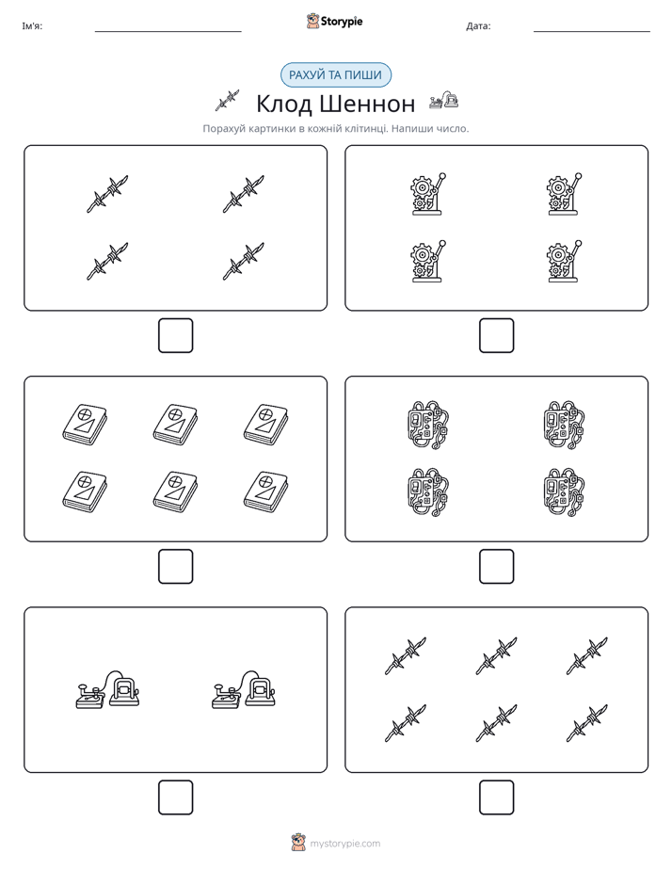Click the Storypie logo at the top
coord(334,21)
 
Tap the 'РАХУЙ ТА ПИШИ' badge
coord(335,75)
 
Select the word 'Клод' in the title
coord(284,104)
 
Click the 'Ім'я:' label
coord(32,26)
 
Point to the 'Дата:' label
coord(478,26)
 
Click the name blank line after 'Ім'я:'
coord(168,32)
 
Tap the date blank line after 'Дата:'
coord(592,32)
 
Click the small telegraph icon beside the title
coord(443,100)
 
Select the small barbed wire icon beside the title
coord(228,101)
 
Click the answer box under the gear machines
coord(496,336)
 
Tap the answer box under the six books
coord(175,567)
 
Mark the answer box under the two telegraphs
coord(175,797)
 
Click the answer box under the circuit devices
coord(496,567)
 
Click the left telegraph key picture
coord(107,689)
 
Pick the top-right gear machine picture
coord(564,194)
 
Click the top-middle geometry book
coord(175,424)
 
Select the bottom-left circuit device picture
coord(428,492)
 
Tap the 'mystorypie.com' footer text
coord(344,844)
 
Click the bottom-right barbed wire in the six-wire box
coord(587,723)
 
